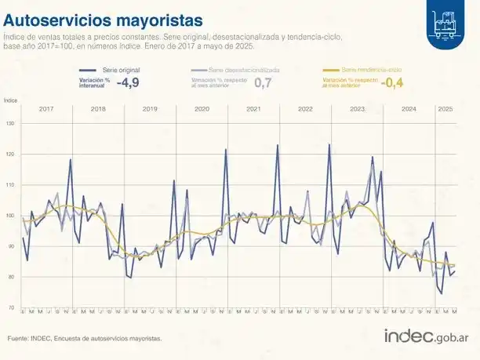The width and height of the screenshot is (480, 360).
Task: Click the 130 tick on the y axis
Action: [10, 123]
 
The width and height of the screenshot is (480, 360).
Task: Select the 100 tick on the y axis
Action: [10, 216]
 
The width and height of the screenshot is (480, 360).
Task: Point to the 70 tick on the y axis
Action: [10, 308]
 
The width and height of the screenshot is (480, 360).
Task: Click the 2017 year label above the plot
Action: [45, 108]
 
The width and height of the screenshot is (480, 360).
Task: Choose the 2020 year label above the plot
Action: [202, 108]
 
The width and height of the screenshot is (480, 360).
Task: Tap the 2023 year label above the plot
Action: [357, 108]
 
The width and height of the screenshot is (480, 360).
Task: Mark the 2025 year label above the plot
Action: [445, 108]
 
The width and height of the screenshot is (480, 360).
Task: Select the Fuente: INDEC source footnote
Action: [85, 338]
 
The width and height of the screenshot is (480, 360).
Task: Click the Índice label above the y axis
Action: [11, 100]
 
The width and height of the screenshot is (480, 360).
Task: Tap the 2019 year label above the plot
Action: [149, 108]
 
